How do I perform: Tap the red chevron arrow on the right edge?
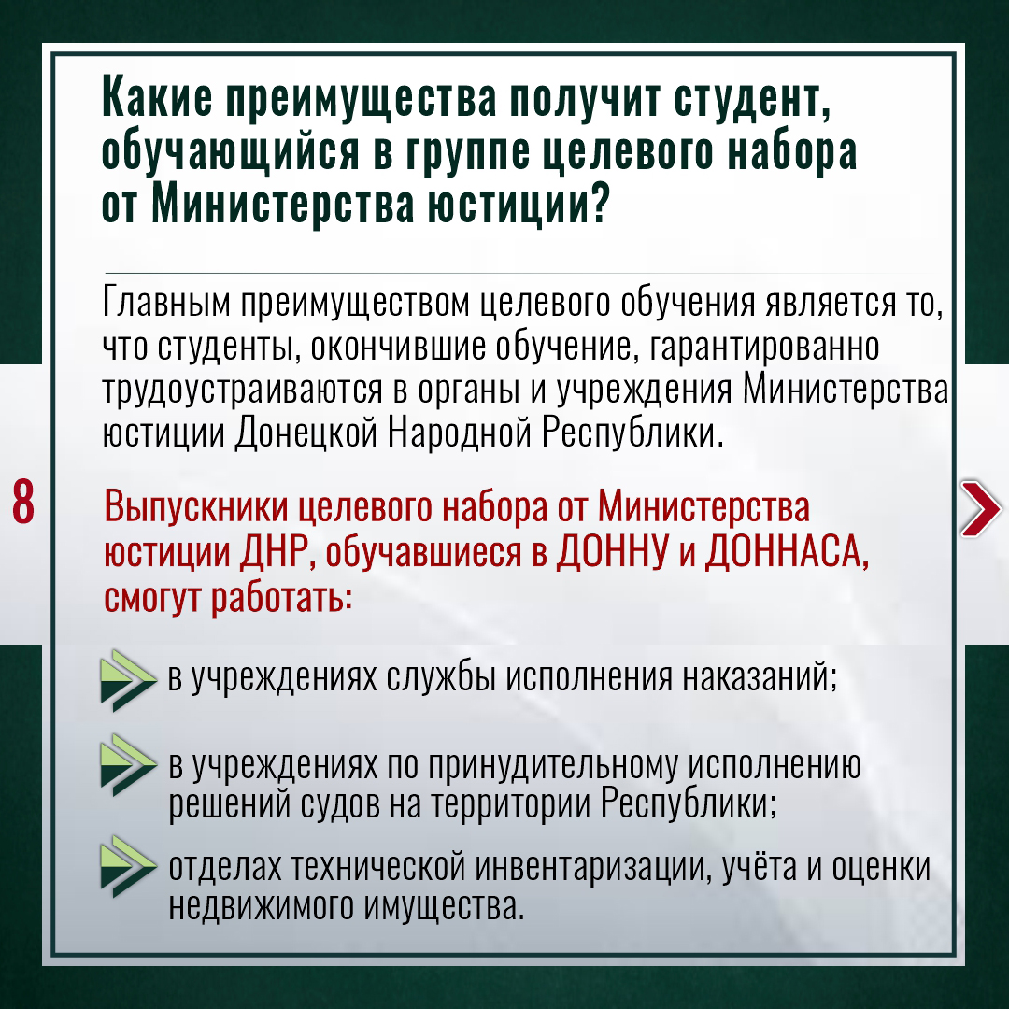(x=981, y=507)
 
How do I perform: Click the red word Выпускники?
(x=195, y=507)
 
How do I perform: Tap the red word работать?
(x=282, y=599)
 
